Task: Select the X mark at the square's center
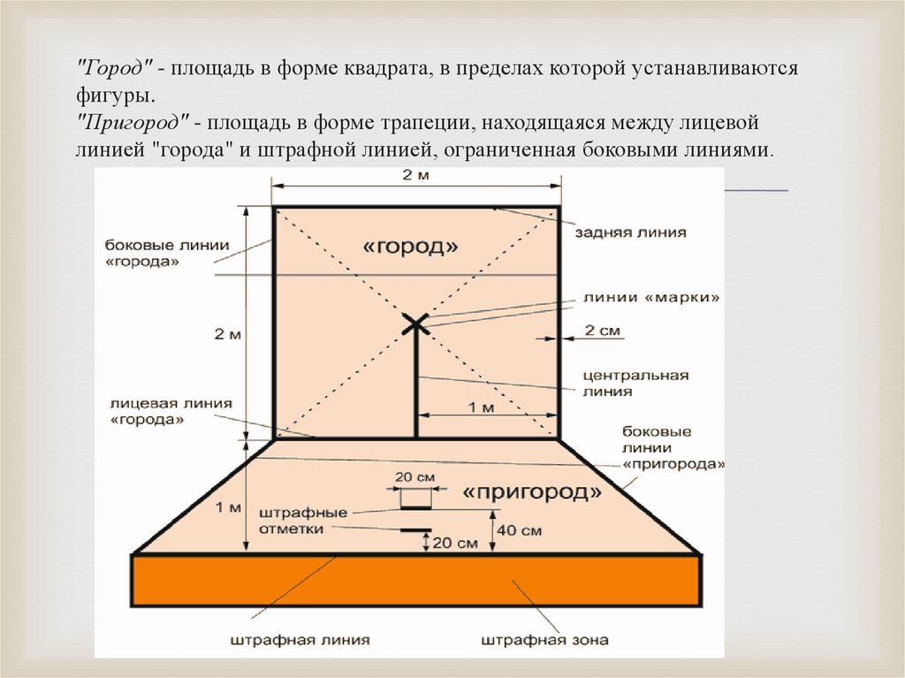tap(415, 324)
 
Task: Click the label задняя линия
tap(630, 232)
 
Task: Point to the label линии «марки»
tap(650, 298)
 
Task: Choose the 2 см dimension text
tap(604, 331)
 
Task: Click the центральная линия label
tap(635, 383)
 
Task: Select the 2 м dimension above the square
tap(414, 175)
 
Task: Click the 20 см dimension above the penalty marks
tap(414, 476)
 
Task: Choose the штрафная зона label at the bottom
tap(545, 639)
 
